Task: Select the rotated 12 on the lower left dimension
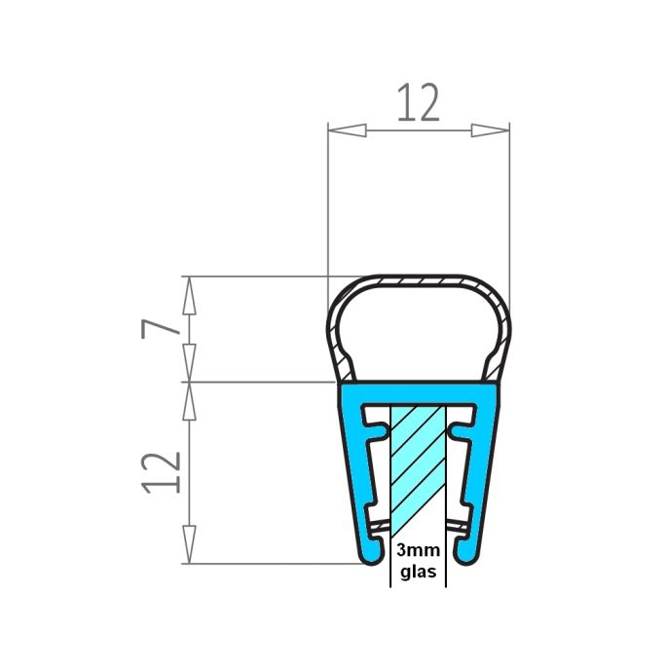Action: [161, 472]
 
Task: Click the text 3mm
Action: [417, 550]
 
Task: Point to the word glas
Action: [417, 571]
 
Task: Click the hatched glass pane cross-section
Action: [418, 467]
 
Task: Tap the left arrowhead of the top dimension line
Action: [345, 130]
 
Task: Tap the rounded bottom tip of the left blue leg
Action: [370, 556]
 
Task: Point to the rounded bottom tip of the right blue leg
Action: [466, 556]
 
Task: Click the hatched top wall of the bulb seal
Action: [418, 281]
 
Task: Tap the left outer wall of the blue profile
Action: [353, 467]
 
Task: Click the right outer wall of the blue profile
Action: [484, 467]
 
